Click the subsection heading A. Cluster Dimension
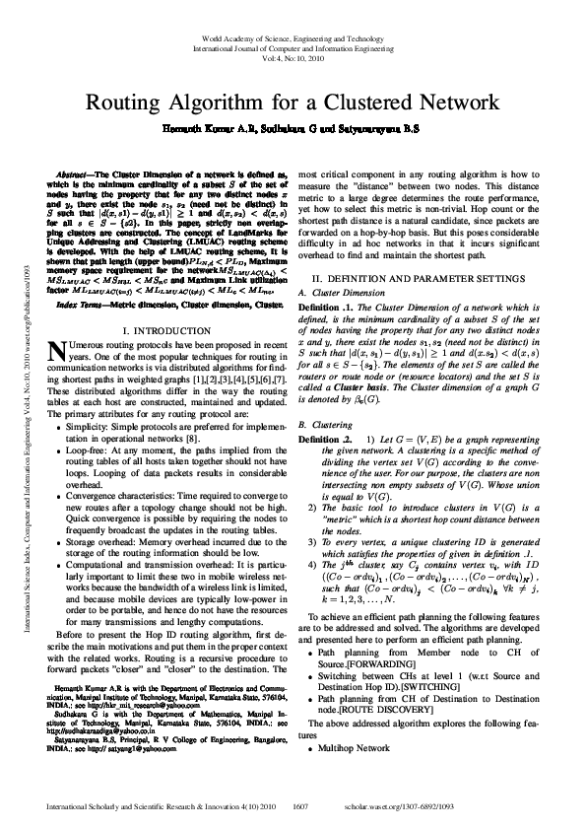pos(354,293)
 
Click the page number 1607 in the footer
pos(302,805)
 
